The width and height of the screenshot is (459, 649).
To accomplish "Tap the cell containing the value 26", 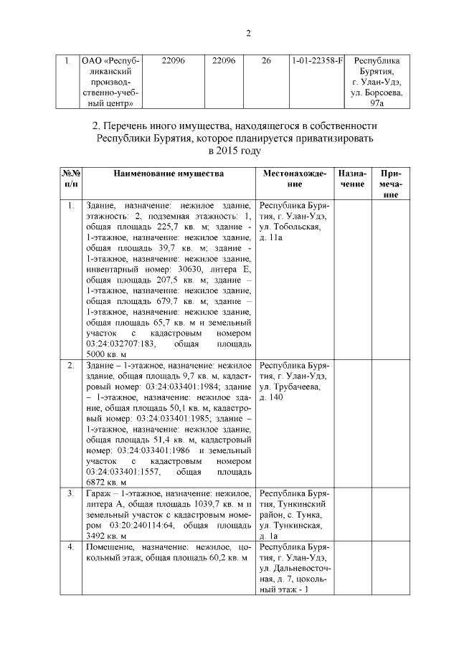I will [x=266, y=62].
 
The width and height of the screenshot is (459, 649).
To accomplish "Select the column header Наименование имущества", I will [x=168, y=174].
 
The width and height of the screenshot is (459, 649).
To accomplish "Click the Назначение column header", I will [x=352, y=179].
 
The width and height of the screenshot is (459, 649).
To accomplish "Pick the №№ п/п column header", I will [x=70, y=179].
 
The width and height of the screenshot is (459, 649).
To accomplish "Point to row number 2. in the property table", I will [x=70, y=366].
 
